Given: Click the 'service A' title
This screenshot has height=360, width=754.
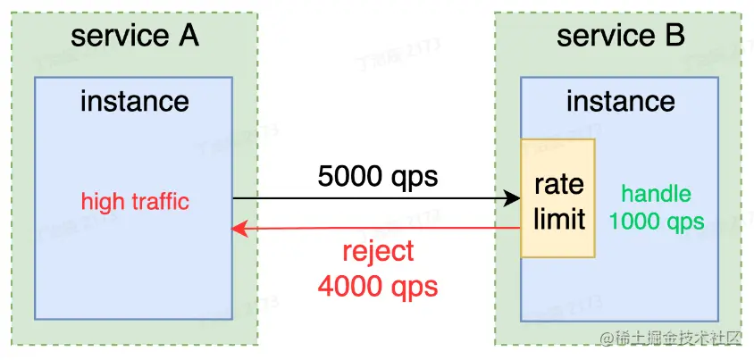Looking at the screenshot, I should pyautogui.click(x=134, y=37).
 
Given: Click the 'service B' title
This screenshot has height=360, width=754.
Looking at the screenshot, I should pyautogui.click(x=620, y=37).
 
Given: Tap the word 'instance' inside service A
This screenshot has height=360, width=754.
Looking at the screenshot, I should pyautogui.click(x=134, y=101).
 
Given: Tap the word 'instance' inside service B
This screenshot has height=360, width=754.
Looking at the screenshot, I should pyautogui.click(x=620, y=101).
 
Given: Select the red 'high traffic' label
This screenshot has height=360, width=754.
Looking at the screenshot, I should pyautogui.click(x=135, y=201).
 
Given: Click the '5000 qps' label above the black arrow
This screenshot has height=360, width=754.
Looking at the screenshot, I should pyautogui.click(x=378, y=176).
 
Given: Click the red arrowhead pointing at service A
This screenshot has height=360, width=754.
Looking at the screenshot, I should pyautogui.click(x=239, y=229).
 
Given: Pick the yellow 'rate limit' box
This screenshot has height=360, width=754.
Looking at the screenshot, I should pyautogui.click(x=558, y=198).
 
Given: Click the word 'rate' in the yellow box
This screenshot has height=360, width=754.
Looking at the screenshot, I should pyautogui.click(x=558, y=184).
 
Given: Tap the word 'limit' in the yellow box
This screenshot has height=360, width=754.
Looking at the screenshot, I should pyautogui.click(x=558, y=217).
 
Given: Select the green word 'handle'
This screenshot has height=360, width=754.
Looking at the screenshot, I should pyautogui.click(x=656, y=193).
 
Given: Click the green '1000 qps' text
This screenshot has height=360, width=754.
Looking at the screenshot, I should pyautogui.click(x=656, y=222).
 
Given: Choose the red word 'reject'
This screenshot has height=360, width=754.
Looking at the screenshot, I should pyautogui.click(x=378, y=251).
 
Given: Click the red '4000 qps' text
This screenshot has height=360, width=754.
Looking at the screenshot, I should pyautogui.click(x=378, y=286).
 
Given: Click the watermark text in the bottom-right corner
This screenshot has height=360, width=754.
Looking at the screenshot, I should pyautogui.click(x=672, y=338).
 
